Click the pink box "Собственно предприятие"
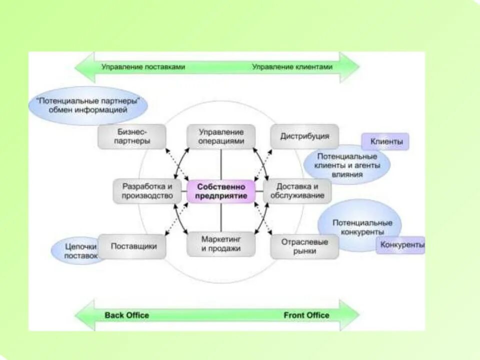220,191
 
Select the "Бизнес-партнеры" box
131,136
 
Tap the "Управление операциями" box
220,136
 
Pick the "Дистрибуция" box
304,136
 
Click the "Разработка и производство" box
147,191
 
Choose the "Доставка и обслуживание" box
297,191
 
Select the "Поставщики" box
133,246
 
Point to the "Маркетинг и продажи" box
220,244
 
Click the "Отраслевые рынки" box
304,246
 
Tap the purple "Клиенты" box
385,141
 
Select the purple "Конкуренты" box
401,245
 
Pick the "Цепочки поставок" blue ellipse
76,250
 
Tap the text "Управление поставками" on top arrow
143,66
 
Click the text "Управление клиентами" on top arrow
292,66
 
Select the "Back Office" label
126,315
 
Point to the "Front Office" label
306,315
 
